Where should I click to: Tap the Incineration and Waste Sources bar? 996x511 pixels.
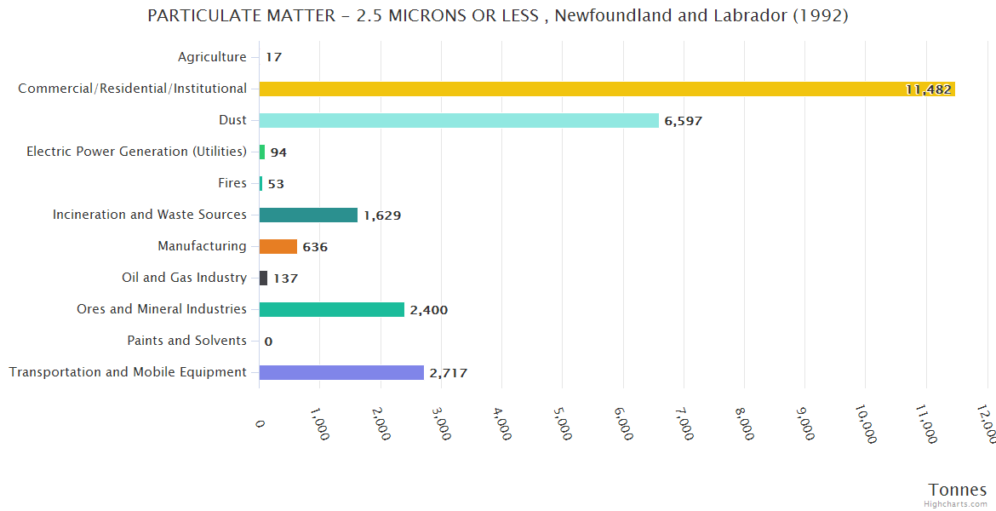coord(308,215)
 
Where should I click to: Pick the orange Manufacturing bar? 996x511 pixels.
coord(278,246)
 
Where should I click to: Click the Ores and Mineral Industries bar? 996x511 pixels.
coord(331,309)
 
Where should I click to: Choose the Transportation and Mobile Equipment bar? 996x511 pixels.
coord(341,372)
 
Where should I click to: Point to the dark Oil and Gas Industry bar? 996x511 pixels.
coord(264,278)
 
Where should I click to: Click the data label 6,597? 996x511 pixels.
coord(684,121)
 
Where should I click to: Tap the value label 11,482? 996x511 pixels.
coord(928,89)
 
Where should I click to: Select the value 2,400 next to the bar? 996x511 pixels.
coord(429,310)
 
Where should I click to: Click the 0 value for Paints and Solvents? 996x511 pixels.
coord(268,342)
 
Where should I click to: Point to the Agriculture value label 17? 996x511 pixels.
coord(273,58)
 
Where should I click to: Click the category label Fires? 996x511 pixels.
coord(232,183)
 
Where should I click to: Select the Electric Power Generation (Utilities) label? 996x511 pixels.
coord(136,152)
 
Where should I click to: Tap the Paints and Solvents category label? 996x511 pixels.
coord(186,341)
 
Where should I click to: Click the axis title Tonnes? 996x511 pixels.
coord(957,490)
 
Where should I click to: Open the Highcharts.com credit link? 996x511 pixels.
coord(955,504)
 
